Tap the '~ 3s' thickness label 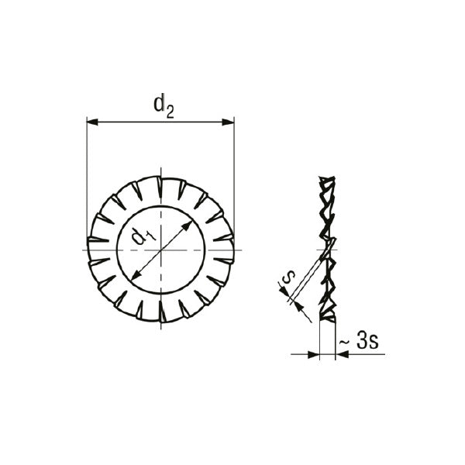(x=359, y=341)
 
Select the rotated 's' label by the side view (x=288, y=277)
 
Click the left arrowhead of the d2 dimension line (x=92, y=122)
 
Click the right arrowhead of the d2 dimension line (x=229, y=122)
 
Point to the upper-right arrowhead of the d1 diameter (x=188, y=226)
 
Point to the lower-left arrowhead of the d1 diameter (x=136, y=275)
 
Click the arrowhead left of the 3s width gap (x=314, y=354)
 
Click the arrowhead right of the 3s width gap (x=341, y=354)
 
